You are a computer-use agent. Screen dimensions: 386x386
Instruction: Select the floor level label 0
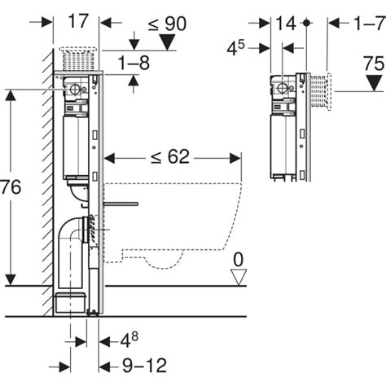click(x=238, y=259)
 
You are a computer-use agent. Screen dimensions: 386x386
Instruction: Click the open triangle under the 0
click(x=238, y=277)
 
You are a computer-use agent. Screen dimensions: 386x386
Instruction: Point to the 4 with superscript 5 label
click(x=255, y=46)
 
